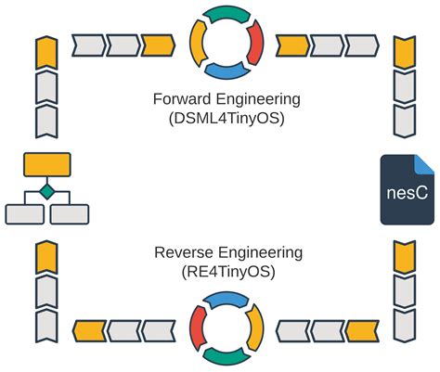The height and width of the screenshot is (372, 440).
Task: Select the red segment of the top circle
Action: (255, 41)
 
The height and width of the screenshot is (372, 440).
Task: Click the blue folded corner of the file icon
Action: (423, 164)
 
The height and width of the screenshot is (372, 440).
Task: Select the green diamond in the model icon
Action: (45, 192)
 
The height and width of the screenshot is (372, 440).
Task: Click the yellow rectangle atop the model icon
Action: (45, 165)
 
